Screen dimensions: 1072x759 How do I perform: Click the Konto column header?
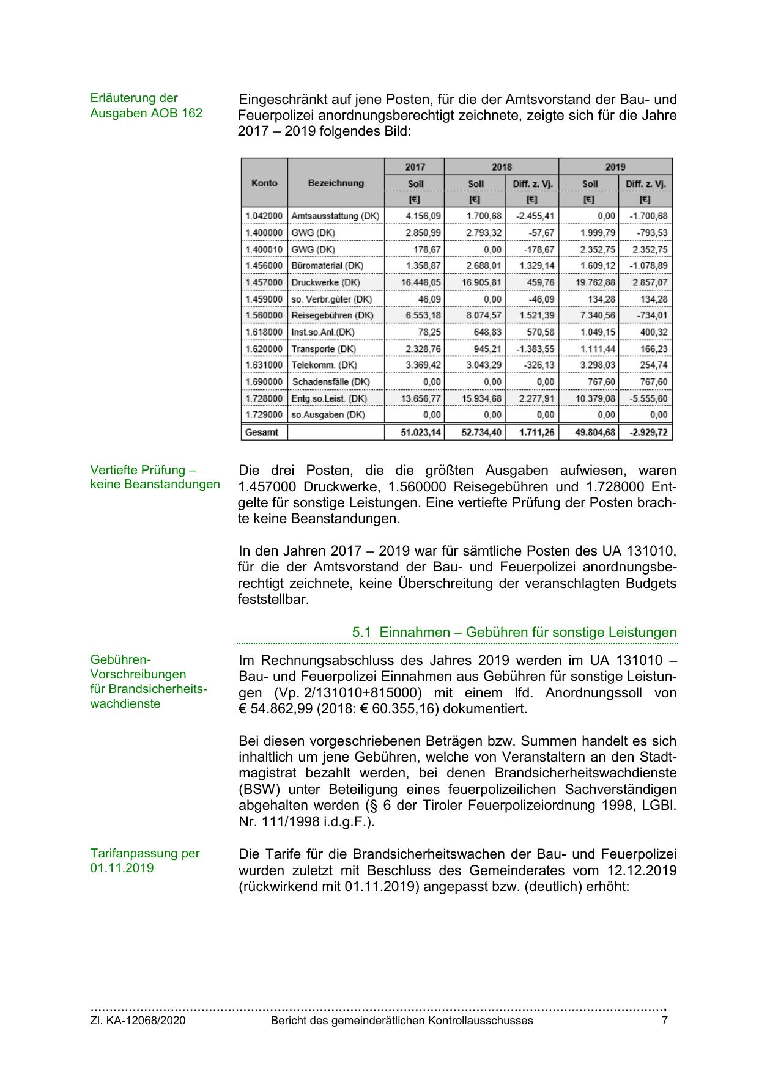click(x=264, y=183)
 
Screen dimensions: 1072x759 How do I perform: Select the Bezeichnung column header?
click(x=336, y=183)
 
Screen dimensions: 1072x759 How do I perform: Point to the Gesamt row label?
click(x=261, y=432)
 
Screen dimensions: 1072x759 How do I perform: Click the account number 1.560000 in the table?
click(x=264, y=315)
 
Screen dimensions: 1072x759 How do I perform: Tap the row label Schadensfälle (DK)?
click(x=330, y=382)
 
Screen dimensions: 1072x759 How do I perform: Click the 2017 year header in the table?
click(x=415, y=167)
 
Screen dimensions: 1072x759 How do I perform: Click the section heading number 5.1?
click(x=362, y=633)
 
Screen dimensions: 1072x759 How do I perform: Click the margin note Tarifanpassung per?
click(x=145, y=853)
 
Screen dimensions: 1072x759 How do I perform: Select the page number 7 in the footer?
click(x=665, y=1021)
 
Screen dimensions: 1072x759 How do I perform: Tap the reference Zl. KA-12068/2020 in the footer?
click(x=138, y=1021)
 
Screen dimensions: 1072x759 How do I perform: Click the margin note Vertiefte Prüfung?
click(x=143, y=470)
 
